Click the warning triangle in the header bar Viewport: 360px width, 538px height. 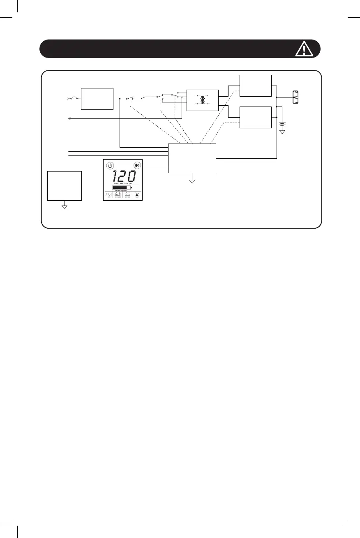[304, 49]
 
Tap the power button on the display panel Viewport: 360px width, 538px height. [110, 166]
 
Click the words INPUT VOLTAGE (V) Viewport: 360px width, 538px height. [122, 183]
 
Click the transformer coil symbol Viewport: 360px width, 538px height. [202, 100]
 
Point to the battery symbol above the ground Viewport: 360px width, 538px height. [282, 124]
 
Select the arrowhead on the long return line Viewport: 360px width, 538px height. [70, 118]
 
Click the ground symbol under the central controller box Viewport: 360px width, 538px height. [192, 180]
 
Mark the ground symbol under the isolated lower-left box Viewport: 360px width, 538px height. [64, 206]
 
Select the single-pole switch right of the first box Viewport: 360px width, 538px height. [129, 98]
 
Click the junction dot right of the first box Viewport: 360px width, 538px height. [120, 99]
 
